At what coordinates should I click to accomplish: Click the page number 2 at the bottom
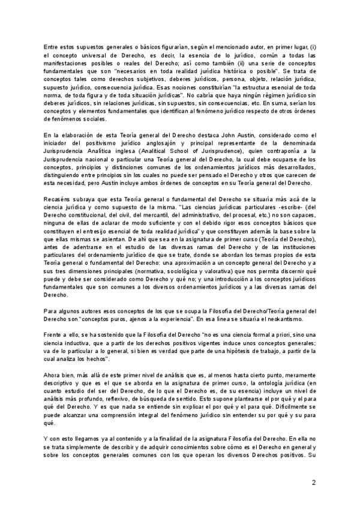coord(313,482)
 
